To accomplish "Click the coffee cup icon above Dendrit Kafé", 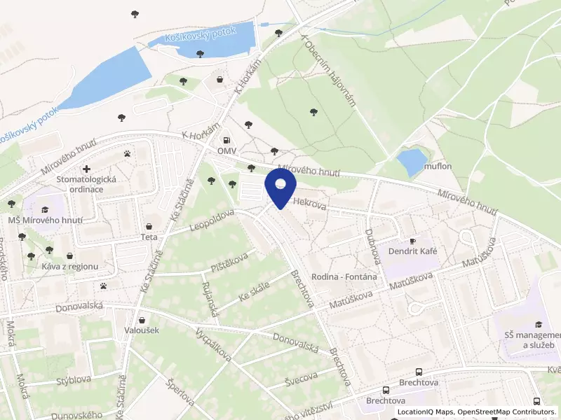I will (412, 240).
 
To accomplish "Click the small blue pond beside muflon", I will (412, 162).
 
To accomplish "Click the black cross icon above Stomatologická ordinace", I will (86, 169).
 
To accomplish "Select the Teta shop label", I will (149, 237).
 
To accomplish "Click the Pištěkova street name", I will (230, 263).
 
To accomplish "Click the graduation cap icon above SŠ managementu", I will (538, 324).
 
